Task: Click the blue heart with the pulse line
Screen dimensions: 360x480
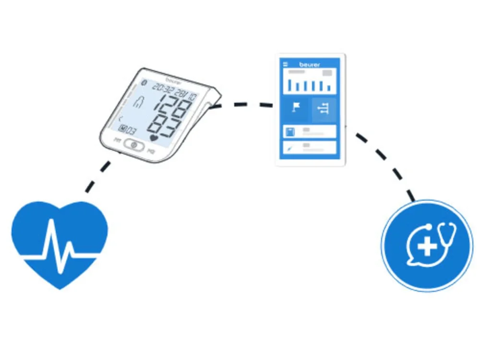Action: [x=60, y=240]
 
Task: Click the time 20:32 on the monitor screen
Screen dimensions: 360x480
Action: [x=163, y=88]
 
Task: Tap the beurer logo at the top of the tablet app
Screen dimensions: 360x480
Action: [x=310, y=64]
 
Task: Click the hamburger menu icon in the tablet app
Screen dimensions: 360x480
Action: [x=285, y=64]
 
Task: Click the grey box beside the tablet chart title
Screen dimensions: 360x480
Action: [x=327, y=73]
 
